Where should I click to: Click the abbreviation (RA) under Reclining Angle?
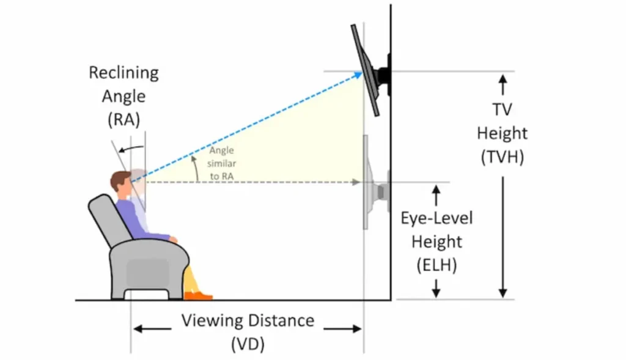coord(123,119)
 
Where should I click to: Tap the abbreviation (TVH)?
coord(503,157)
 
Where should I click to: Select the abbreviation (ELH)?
coord(436,265)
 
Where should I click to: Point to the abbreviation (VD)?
coord(248,343)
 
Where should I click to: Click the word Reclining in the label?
coord(123,73)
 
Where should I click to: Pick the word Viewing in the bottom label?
coord(212,321)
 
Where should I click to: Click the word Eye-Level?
coord(436,218)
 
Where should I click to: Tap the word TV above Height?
coord(503,109)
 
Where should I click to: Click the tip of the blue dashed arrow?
coord(362,73)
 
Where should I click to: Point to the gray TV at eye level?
coord(375,182)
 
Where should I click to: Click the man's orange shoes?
coord(198,296)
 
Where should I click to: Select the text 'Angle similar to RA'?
coord(222,163)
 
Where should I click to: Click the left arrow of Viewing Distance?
coord(152,329)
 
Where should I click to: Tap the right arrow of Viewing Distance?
coord(342,329)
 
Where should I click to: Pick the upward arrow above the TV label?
coord(503,85)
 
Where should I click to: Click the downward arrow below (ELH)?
coord(436,288)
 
